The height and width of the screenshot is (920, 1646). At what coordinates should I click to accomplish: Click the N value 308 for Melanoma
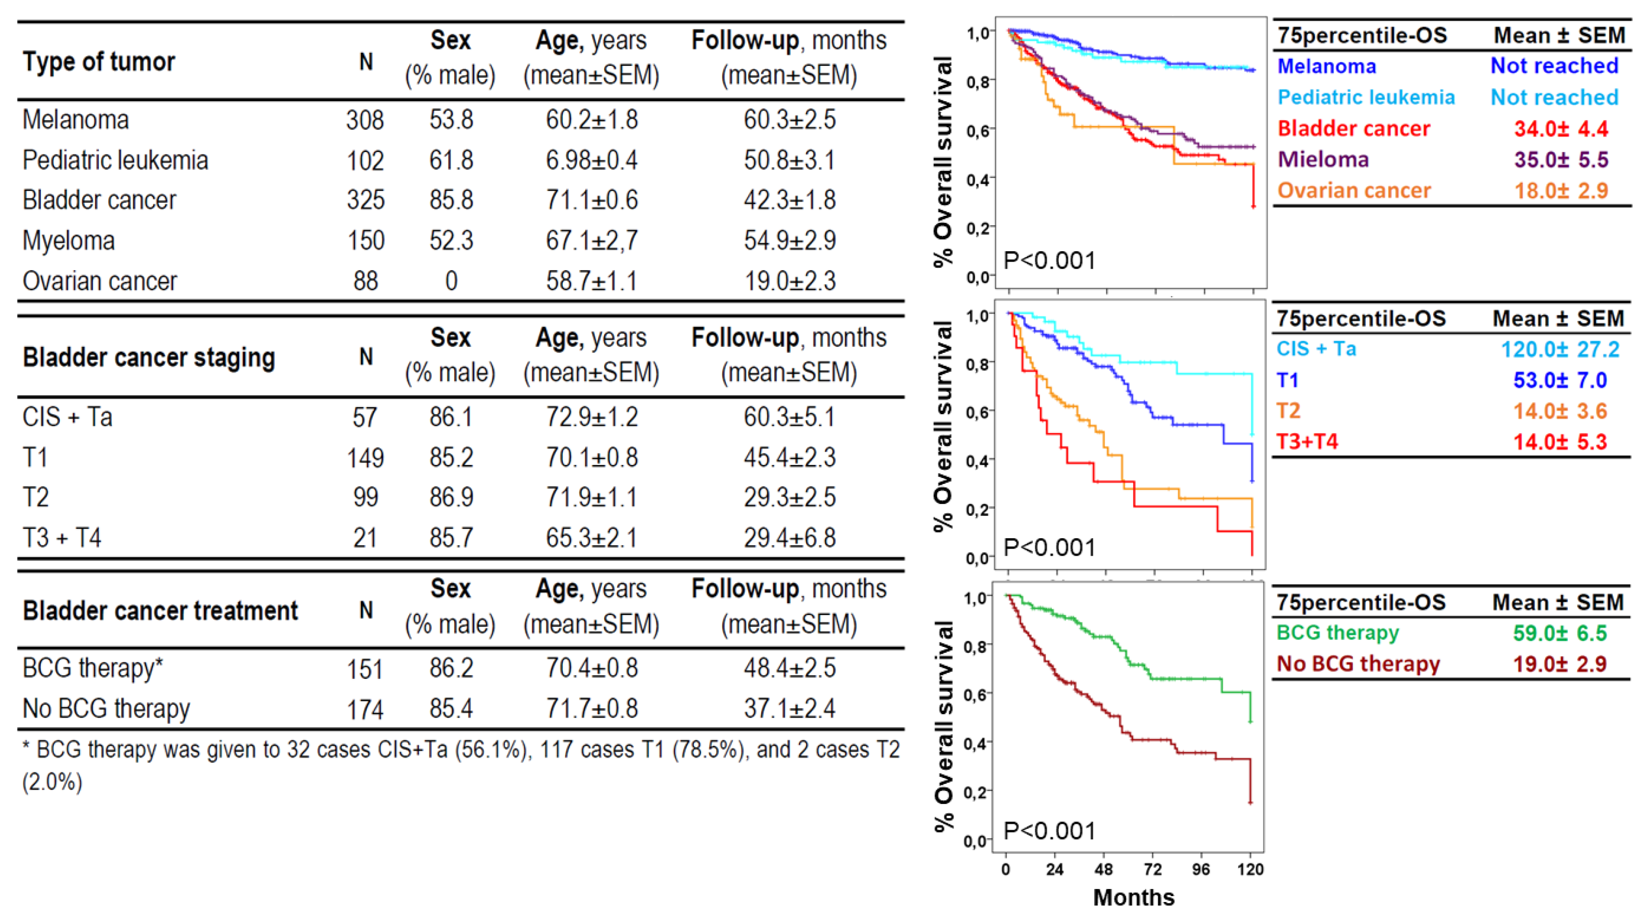pos(365,120)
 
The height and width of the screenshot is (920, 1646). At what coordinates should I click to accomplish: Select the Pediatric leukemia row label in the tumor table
pos(115,160)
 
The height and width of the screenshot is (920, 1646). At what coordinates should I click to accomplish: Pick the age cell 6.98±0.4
pos(591,160)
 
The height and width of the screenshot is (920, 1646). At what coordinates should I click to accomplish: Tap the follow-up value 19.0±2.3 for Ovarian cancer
pos(789,281)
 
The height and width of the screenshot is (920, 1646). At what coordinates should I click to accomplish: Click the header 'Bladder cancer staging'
pos(149,358)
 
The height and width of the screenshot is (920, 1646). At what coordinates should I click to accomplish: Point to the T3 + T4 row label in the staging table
pos(62,538)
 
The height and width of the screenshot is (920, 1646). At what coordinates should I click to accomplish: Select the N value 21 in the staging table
pos(365,538)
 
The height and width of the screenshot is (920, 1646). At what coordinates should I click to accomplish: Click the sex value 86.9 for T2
pos(451,497)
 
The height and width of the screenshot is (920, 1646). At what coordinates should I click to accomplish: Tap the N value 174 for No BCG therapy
pos(365,709)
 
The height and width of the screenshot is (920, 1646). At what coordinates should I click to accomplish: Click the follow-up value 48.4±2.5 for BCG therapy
pos(789,668)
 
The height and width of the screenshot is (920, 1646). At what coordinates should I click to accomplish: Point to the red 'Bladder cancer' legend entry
pos(1353,129)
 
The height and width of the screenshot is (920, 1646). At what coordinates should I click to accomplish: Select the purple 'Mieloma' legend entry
pos(1322,159)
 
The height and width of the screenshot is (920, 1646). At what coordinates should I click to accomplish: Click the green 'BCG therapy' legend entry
pos(1337,632)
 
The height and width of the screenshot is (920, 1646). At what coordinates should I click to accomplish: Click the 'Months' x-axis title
pos(1134,898)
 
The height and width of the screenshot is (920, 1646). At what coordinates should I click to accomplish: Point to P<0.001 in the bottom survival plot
pos(1049,831)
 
